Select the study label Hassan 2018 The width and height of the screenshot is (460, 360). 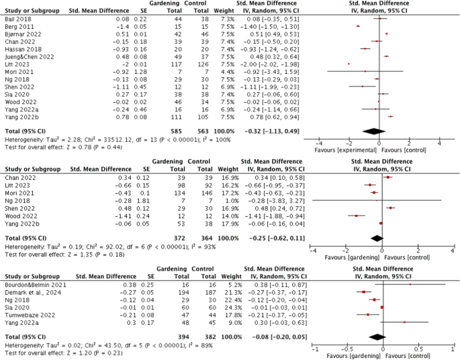(18, 49)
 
